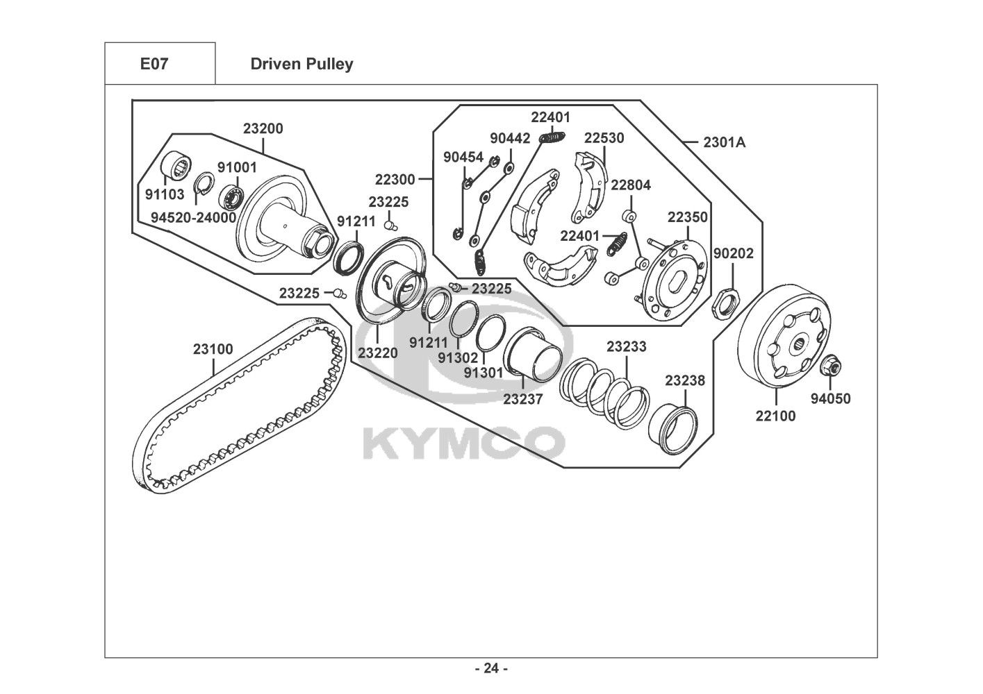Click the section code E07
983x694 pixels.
click(154, 64)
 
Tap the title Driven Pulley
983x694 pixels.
click(301, 65)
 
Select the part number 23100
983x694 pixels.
click(213, 349)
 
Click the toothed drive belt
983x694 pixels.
click(239, 406)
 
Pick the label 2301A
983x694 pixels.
click(724, 142)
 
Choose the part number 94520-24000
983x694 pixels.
click(194, 217)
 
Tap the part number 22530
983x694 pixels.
click(604, 138)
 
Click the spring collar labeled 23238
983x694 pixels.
click(672, 429)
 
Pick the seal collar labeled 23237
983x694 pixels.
click(532, 355)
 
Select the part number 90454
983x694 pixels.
click(463, 157)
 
